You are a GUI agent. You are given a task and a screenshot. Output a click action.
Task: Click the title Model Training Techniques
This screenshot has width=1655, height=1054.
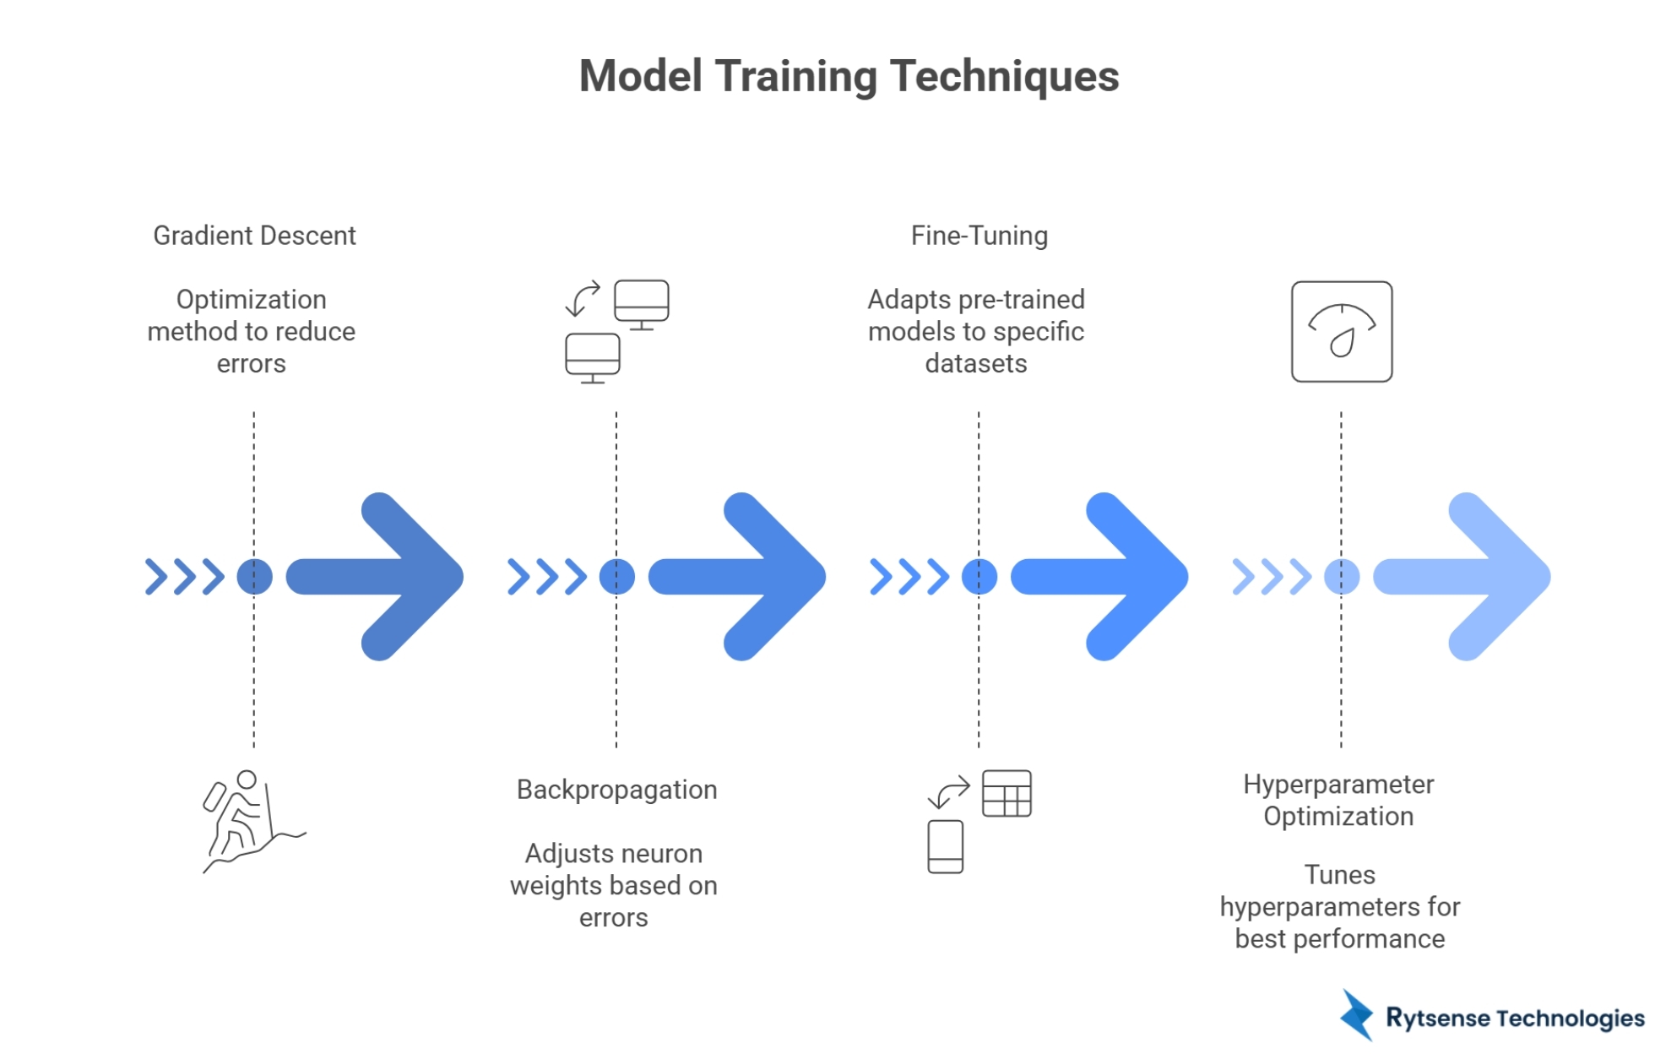pos(849,76)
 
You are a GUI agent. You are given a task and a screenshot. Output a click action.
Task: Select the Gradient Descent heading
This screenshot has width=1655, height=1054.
pos(254,236)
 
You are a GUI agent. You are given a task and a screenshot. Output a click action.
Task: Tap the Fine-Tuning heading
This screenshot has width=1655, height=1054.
pos(979,236)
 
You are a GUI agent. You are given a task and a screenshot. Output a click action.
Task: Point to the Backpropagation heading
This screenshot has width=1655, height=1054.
pos(616,790)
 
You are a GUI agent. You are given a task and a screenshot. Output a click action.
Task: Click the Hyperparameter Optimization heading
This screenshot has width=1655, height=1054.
pos(1338,801)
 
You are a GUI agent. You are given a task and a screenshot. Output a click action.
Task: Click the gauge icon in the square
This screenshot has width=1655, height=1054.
pos(1341,332)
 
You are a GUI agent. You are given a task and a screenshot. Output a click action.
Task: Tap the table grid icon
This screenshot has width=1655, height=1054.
pos(1007,794)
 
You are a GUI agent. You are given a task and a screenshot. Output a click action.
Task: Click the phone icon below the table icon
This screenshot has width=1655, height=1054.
pos(945,846)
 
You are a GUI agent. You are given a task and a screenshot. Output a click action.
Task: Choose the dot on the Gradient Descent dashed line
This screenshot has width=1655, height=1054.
pos(254,577)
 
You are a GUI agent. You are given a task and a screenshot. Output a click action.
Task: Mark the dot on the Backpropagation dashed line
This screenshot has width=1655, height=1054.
pos(616,577)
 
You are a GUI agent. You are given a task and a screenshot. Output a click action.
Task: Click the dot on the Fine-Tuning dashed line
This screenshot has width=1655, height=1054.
pos(979,577)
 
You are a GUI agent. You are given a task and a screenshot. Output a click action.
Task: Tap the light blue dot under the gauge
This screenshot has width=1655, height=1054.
pos(1341,577)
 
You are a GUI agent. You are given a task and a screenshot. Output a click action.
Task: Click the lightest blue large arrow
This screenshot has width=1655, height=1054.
pos(1469,577)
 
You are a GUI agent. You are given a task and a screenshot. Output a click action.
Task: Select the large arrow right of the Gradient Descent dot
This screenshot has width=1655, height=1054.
pos(380,577)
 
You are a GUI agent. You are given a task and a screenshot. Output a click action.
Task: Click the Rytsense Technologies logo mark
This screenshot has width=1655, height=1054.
pos(1358,1015)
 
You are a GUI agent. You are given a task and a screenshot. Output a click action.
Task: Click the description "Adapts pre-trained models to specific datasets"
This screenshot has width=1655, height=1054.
pos(976,332)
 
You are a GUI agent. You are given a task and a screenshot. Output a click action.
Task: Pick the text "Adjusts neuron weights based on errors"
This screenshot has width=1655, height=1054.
pos(614,885)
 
